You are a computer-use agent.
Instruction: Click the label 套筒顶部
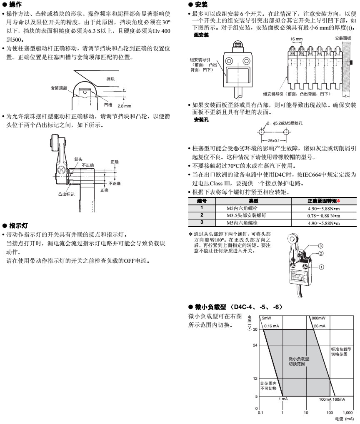(x=59, y=88)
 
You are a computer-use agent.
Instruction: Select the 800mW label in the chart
(x=319, y=318)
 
